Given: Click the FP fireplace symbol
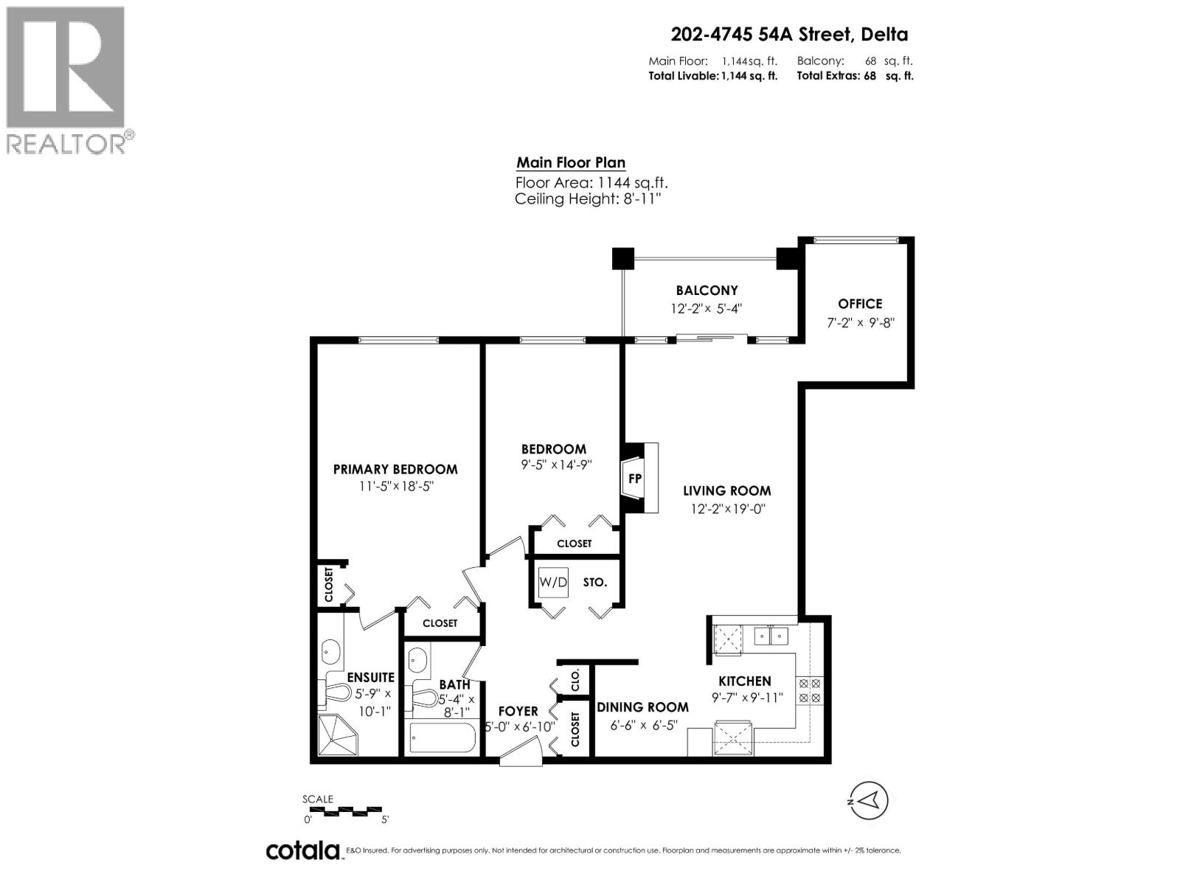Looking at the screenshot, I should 634,478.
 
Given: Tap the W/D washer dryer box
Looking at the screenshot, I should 553,583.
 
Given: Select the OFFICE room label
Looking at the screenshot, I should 860,304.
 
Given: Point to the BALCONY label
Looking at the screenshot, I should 707,291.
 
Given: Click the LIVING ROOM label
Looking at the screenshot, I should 726,491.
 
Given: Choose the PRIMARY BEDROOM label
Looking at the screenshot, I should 395,469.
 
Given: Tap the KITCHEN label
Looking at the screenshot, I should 745,681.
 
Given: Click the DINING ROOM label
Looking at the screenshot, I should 642,707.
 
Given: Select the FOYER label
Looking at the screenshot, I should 518,712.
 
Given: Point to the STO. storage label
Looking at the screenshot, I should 595,583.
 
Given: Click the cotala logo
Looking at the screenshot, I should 302,850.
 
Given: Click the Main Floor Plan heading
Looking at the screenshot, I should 571,163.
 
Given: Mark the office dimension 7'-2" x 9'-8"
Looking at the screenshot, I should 860,322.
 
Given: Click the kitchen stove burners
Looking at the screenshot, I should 810,690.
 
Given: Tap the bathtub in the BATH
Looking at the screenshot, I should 442,738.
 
